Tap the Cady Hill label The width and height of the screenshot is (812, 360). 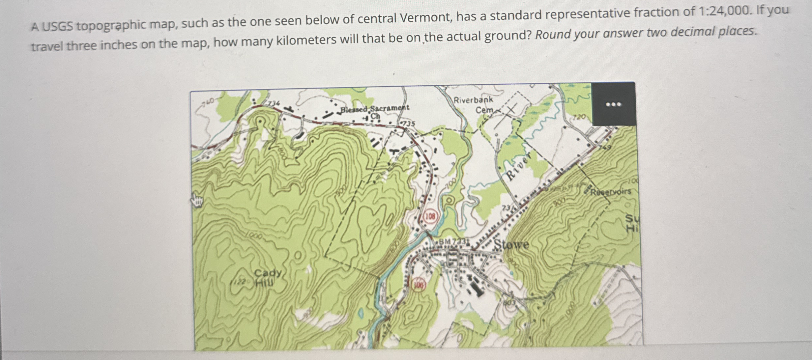268,277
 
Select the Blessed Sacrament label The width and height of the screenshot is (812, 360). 374,108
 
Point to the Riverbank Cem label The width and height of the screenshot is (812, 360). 473,104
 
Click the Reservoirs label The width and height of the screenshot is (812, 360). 611,191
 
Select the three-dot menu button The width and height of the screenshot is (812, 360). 613,104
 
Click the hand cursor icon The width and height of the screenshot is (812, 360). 197,200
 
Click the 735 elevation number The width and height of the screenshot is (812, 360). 408,124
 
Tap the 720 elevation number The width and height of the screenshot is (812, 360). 579,117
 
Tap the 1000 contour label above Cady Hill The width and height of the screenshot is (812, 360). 254,236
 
